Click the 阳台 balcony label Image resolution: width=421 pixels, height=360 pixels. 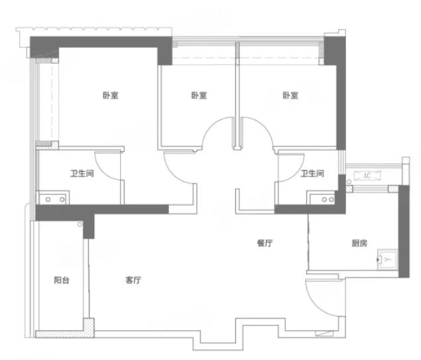click(62, 280)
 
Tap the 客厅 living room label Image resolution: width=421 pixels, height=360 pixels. click(133, 280)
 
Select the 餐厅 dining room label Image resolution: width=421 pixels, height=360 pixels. click(265, 243)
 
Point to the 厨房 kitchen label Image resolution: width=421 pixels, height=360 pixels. click(359, 243)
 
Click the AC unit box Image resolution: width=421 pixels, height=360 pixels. click(367, 176)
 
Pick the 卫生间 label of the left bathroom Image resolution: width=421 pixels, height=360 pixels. click(82, 174)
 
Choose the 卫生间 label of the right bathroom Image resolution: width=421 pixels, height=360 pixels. click(312, 174)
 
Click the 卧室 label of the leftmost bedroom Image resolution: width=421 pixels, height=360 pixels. click(111, 95)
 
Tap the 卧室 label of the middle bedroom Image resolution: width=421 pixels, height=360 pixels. click(199, 95)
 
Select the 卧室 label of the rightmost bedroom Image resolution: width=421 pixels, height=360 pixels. click(290, 95)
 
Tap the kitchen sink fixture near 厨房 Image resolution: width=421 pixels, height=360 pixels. click(387, 259)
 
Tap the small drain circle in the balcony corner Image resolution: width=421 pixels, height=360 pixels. click(80, 224)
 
